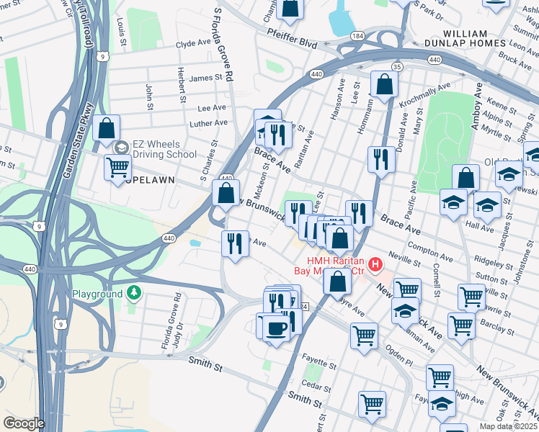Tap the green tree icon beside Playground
(x=133, y=293)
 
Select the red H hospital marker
(x=375, y=266)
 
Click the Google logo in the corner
(x=23, y=423)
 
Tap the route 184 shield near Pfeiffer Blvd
(x=358, y=35)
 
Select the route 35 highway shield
(x=396, y=66)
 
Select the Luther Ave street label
(x=208, y=123)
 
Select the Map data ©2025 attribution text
(x=508, y=426)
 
